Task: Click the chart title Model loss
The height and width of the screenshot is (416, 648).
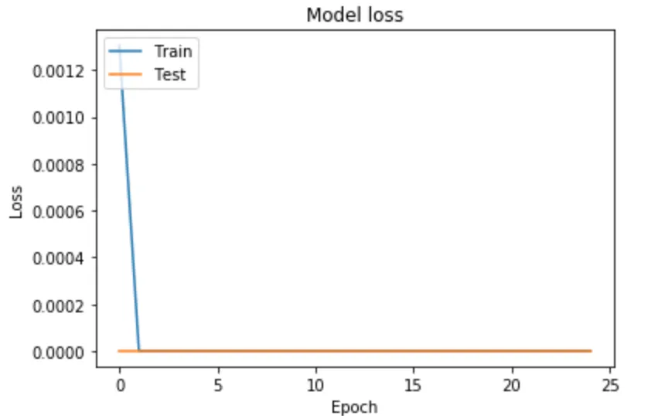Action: pos(354,15)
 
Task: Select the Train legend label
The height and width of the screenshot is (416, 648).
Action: pos(172,52)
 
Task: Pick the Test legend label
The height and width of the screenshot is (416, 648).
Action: pos(170,75)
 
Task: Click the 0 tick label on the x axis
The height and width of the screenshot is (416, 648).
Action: pos(119,384)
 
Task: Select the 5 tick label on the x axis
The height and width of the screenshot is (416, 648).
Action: pos(217,384)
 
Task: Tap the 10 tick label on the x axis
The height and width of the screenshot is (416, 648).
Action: pos(315,384)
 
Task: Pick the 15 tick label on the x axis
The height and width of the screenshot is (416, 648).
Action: pos(414,384)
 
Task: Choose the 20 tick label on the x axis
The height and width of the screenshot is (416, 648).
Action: pos(512,384)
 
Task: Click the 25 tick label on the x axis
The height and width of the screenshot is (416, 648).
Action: pos(610,384)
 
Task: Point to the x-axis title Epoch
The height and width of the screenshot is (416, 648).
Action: pos(354,406)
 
